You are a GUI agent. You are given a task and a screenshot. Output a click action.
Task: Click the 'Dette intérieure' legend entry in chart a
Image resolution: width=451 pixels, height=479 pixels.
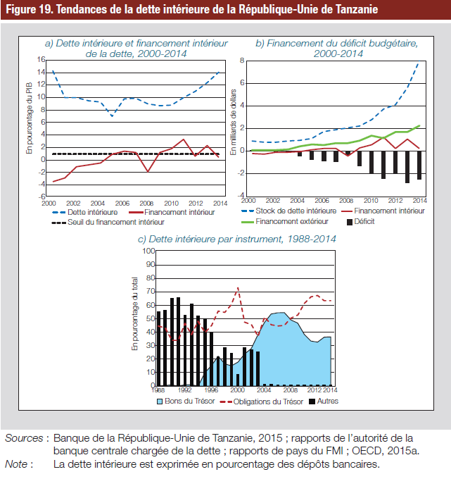pos(85,212)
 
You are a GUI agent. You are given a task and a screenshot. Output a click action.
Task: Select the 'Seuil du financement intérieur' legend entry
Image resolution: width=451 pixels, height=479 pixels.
pos(108,222)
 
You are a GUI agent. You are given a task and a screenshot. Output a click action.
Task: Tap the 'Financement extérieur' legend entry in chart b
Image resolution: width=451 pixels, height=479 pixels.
pos(285,221)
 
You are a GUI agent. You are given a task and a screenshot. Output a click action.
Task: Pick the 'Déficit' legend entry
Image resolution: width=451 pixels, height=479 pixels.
pos(361,221)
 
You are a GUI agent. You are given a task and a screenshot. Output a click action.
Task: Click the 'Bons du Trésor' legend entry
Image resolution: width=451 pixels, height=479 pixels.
pos(186,401)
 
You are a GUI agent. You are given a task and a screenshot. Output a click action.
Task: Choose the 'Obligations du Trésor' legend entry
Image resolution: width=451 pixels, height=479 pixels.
pos(262,402)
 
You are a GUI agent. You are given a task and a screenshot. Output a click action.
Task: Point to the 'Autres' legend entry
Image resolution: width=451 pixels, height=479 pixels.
pos(324,401)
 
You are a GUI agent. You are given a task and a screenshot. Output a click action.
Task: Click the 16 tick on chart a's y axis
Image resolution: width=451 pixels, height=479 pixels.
pos(41,60)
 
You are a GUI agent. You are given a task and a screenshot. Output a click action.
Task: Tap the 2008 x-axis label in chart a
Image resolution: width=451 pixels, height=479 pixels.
pos(146,204)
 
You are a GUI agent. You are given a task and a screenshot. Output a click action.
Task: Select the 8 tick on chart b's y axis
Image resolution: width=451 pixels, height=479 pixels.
pos(242,61)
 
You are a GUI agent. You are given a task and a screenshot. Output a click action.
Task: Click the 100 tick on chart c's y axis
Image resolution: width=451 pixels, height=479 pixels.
pos(148,251)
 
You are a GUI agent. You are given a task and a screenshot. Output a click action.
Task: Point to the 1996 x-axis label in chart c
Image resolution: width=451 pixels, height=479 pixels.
pos(211,390)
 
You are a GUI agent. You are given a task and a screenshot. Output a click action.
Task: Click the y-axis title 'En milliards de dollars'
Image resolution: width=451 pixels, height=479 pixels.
pos(234,122)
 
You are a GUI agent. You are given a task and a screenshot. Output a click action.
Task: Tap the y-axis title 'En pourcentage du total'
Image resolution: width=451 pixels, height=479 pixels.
pos(134,313)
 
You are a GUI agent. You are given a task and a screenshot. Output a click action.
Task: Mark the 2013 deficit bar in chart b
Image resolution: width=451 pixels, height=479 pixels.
pos(407,167)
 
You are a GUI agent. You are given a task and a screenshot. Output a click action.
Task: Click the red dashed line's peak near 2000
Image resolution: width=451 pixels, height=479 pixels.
pos(238,287)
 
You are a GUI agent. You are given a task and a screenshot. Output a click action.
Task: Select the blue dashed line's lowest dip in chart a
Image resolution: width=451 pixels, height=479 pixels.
pos(113,116)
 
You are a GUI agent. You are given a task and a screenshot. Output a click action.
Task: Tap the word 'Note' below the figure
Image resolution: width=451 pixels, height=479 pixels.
pos(16,464)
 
